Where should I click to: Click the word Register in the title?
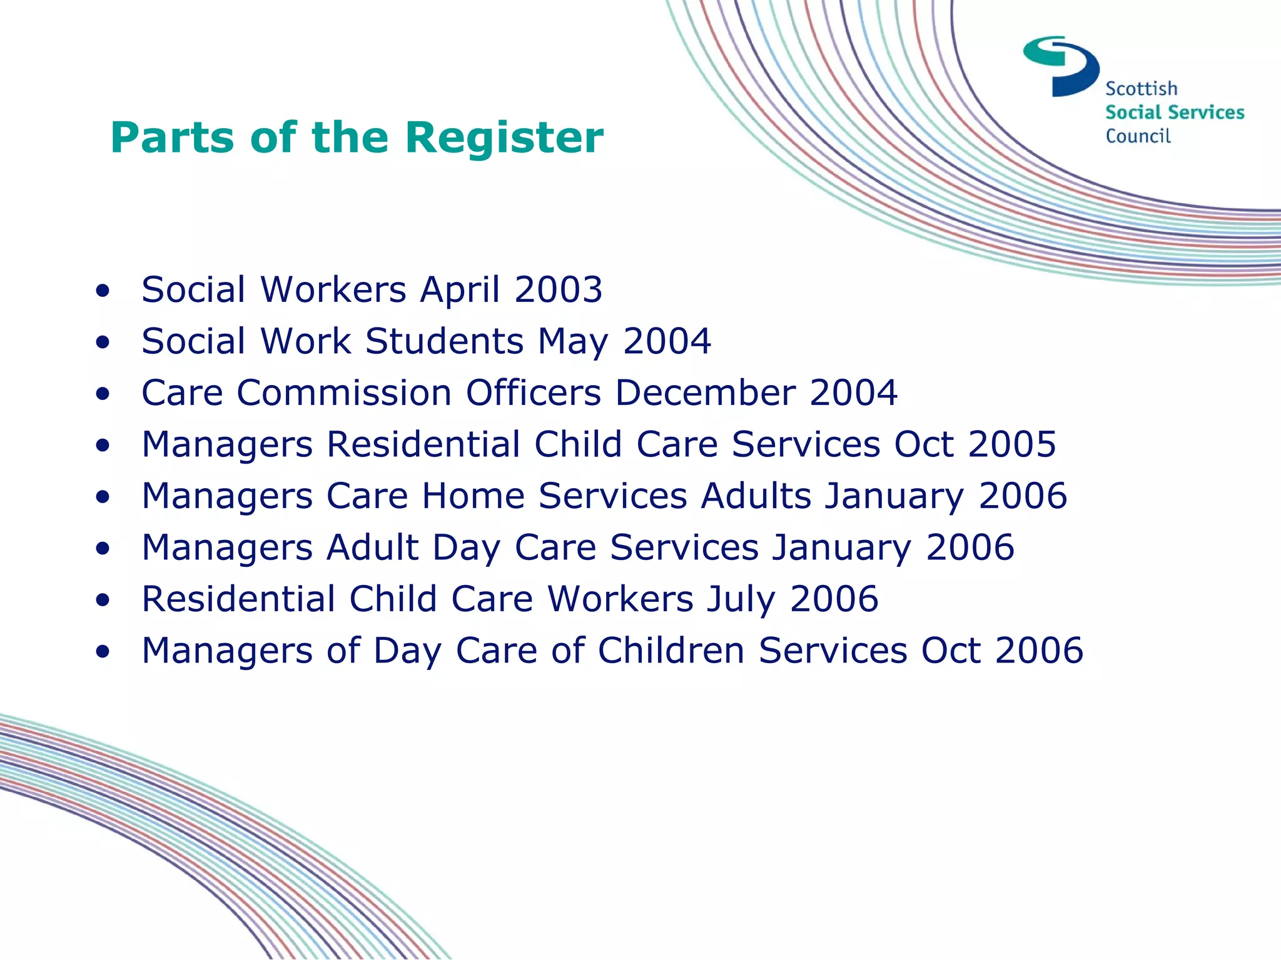(504, 138)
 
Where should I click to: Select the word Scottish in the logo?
(1141, 89)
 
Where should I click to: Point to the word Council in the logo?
(1138, 136)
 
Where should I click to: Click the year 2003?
(558, 290)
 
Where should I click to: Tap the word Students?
(444, 341)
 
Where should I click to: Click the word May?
(572, 342)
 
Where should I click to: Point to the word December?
(706, 393)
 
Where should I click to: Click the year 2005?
(1012, 444)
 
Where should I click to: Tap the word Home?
(473, 496)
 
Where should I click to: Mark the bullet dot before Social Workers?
(103, 291)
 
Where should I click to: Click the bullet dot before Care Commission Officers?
(103, 394)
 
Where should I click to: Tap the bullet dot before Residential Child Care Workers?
(103, 600)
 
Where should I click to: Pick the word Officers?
(534, 393)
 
